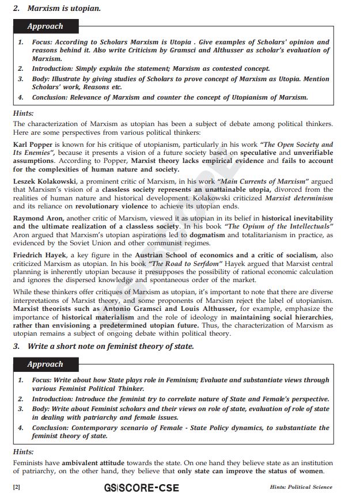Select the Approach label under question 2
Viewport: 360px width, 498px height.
point(45,26)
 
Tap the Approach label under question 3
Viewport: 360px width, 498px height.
point(45,364)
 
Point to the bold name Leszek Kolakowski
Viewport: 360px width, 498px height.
point(44,182)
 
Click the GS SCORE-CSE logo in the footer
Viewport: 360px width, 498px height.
point(142,488)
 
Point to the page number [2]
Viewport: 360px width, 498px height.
point(17,488)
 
